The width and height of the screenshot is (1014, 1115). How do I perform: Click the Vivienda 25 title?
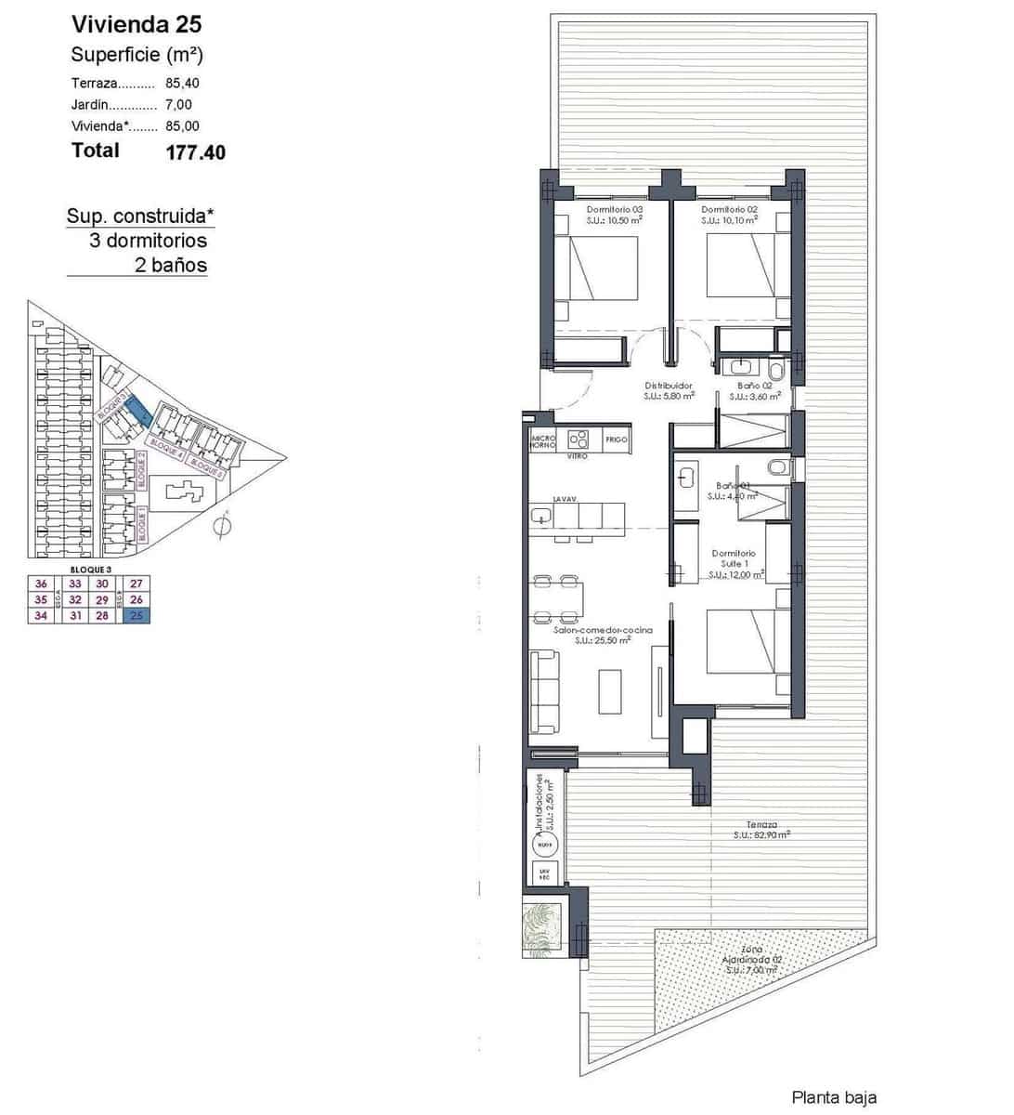(136, 24)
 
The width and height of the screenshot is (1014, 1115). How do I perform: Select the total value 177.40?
(195, 152)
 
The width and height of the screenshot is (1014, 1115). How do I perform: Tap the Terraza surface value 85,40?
(183, 83)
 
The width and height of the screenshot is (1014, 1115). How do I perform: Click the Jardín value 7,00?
(179, 104)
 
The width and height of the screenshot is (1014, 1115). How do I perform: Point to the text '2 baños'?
(171, 266)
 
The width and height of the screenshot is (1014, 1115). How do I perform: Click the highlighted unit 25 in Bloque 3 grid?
(136, 615)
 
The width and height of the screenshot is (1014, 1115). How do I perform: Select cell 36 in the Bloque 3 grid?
(41, 584)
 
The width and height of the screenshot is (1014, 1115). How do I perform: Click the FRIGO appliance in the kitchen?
(617, 439)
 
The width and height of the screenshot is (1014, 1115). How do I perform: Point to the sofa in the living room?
(544, 689)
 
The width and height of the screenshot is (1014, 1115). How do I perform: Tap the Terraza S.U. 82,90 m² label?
(761, 830)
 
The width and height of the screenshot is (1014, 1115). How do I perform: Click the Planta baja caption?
(833, 1097)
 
